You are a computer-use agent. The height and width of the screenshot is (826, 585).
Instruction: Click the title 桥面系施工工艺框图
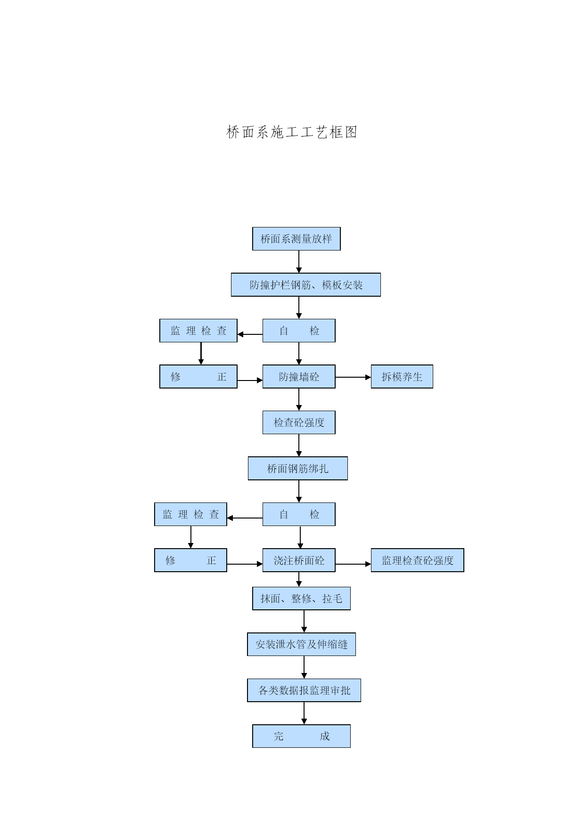pos(292,132)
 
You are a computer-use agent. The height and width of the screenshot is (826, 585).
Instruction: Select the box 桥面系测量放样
pos(297,239)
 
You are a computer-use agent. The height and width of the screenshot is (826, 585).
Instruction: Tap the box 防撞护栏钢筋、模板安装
pos(306,285)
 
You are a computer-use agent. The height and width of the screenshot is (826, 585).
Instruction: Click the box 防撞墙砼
pos(299,377)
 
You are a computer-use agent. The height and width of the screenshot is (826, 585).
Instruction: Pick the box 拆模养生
pos(402,377)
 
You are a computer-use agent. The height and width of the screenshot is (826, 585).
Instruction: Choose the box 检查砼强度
pos(299,422)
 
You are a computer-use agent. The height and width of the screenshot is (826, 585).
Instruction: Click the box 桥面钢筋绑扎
pos(298,469)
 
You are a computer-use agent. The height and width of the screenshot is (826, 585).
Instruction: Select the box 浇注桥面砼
pos(299,560)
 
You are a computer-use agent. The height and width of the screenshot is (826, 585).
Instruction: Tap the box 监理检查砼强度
pos(418,560)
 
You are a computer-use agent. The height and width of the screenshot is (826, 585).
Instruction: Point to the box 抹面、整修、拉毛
pos(302,599)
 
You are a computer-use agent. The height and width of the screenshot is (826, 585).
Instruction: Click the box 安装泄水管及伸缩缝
pos(302,644)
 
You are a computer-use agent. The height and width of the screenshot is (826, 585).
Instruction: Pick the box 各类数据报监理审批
pos(304,690)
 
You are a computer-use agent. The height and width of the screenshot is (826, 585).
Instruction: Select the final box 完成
pos(302,736)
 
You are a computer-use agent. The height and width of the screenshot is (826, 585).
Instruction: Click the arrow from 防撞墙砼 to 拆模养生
pos(353,377)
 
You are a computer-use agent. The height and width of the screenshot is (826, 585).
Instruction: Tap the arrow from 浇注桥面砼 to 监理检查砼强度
pos(353,564)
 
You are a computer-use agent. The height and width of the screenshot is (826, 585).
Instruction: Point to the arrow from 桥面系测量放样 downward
pos(299,262)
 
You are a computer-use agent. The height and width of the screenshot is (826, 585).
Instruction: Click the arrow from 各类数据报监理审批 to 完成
pos(304,713)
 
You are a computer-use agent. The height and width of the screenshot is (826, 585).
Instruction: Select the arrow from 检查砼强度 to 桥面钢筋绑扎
pos(299,445)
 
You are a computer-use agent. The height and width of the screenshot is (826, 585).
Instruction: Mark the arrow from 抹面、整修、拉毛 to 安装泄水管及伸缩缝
pos(304,622)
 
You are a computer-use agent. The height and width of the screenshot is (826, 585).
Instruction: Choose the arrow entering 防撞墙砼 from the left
pos(250,380)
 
